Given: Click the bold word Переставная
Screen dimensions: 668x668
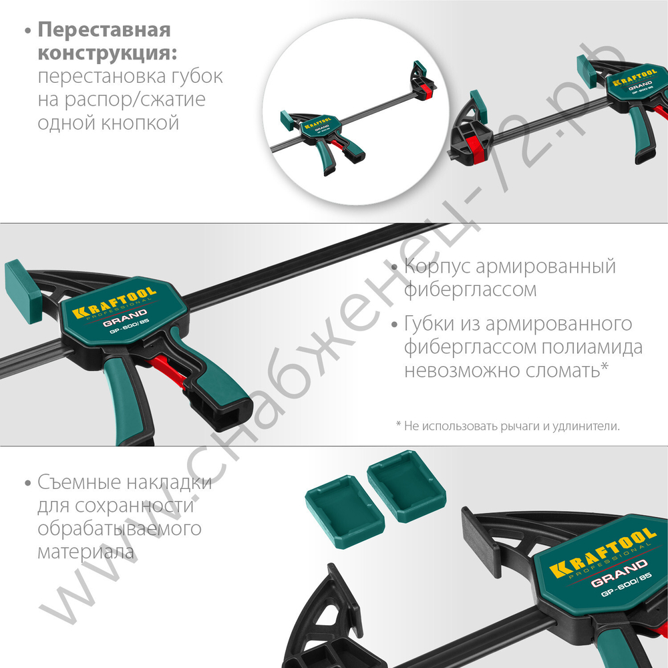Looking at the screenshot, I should pos(104,31).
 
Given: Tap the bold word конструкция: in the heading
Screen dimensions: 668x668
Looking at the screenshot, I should pos(111,53).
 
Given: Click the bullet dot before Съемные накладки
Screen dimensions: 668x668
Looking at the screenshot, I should pos(27,483).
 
